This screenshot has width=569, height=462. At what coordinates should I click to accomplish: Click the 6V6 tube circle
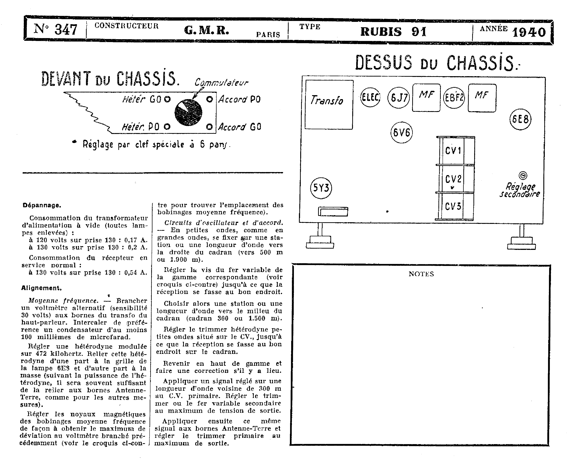point(401,132)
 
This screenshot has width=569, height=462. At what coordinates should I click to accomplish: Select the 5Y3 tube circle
point(321,188)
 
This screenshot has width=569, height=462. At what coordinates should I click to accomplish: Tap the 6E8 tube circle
point(520,119)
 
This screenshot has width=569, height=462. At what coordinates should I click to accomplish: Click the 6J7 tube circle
point(398,98)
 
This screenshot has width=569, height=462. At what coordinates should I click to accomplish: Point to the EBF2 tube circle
point(454,98)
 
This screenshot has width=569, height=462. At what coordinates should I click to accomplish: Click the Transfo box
point(329,105)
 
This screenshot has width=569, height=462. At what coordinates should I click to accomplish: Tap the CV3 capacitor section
point(453,206)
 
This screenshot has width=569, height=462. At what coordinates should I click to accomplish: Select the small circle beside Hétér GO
point(167,99)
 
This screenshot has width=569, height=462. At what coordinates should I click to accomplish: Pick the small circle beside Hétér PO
point(167,127)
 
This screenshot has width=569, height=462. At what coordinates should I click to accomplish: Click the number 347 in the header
point(66,30)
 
